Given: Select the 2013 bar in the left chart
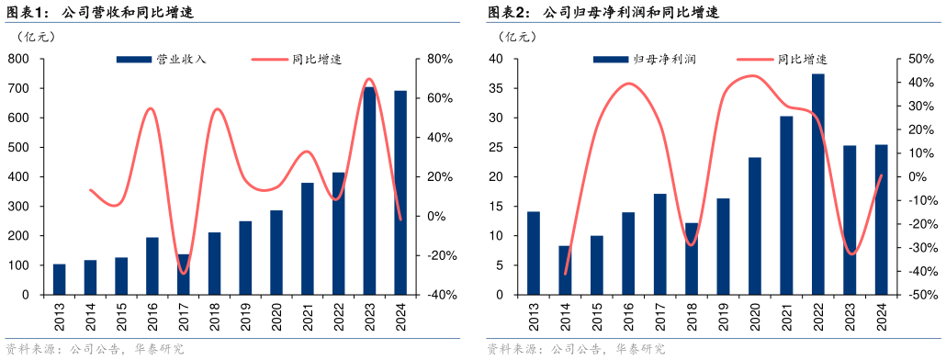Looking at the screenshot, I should coord(60,279).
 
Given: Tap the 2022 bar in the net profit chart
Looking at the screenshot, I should coord(817,184).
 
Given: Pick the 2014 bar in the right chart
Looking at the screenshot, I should coord(565,270).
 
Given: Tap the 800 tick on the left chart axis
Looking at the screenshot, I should coord(19,59).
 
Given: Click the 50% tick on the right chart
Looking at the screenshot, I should coord(921,59).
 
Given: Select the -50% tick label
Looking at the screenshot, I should coord(919,295).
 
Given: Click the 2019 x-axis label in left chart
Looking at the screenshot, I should coord(246,318).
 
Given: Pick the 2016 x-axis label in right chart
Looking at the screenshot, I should coord(628,318).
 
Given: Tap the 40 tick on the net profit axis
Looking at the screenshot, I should coord(497,59).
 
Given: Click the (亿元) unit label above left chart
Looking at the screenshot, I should coord(36,37).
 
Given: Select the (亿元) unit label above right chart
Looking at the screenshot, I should coord(516,37).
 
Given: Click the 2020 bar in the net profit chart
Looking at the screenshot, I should coord(754,226).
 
